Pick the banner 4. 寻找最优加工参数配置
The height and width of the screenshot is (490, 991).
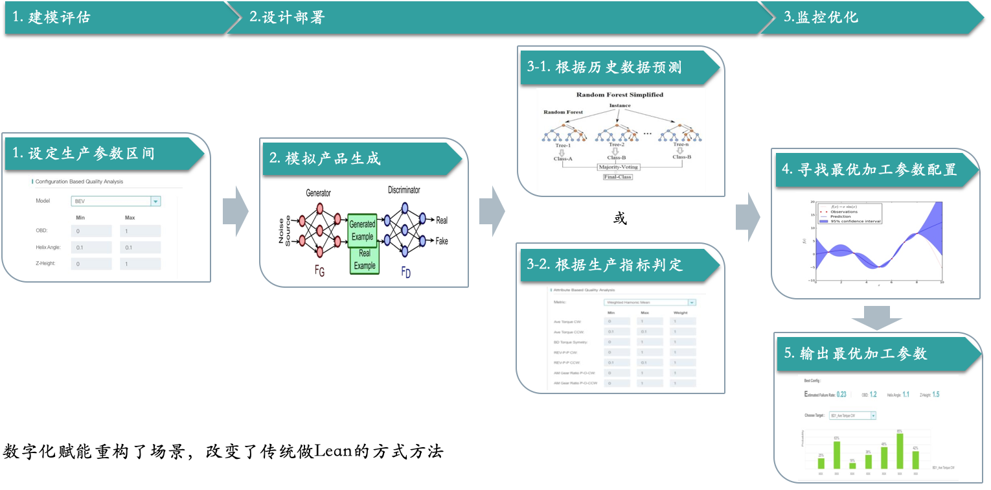pos(871,170)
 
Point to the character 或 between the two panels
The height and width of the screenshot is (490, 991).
pos(620,218)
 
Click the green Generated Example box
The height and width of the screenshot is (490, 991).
pos(362,230)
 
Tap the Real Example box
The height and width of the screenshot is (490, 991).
pos(364,261)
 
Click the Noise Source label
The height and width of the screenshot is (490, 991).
pos(284,231)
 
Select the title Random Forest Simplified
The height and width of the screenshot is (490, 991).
pos(620,95)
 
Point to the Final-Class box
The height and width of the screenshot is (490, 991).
pos(617,176)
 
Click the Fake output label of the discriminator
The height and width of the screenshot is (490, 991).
pos(442,241)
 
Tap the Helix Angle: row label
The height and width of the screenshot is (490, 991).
pos(48,247)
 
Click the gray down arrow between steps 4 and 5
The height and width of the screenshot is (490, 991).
pos(876,317)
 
